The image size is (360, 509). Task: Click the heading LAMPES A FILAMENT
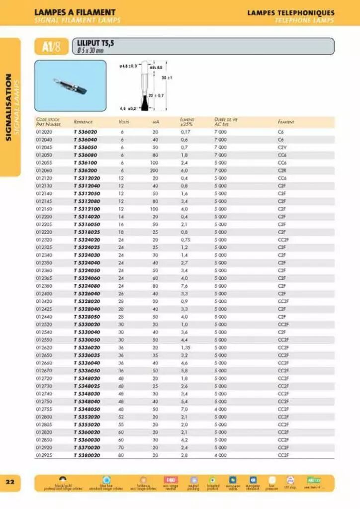[x=75, y=12]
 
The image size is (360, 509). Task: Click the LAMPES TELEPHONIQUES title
[x=291, y=12]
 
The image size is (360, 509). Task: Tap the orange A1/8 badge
[x=51, y=47]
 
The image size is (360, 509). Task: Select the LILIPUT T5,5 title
[x=92, y=43]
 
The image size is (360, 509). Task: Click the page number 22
[x=10, y=482]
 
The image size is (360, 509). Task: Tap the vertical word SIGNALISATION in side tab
[x=8, y=107]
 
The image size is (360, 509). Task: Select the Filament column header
[x=286, y=122]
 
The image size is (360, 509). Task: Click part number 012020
[x=44, y=132]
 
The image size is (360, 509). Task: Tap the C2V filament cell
[x=281, y=147]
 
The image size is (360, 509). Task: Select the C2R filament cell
[x=281, y=170]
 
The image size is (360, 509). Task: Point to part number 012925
[x=44, y=455]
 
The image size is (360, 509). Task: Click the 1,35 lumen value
[x=185, y=347]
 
